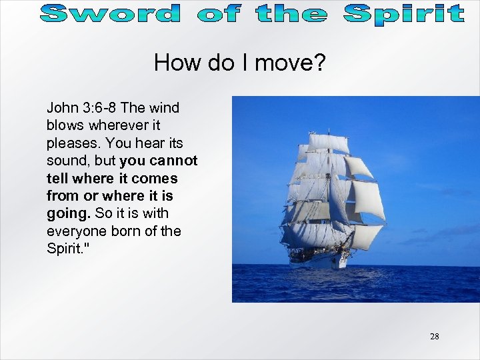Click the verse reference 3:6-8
pos(96,107)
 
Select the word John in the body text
pos(61,107)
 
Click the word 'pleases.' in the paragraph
pos(71,143)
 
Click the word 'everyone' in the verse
pos(74,231)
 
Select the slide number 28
pos(434,336)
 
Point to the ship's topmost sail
pos(329,141)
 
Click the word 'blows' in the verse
pos(63,125)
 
